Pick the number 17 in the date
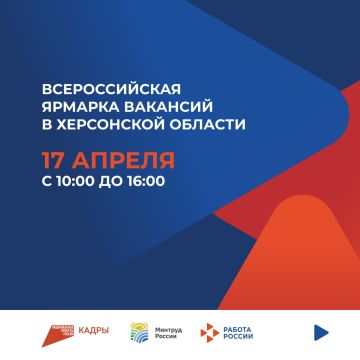click(51, 161)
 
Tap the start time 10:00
click(73, 182)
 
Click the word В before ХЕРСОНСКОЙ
click(44, 125)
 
